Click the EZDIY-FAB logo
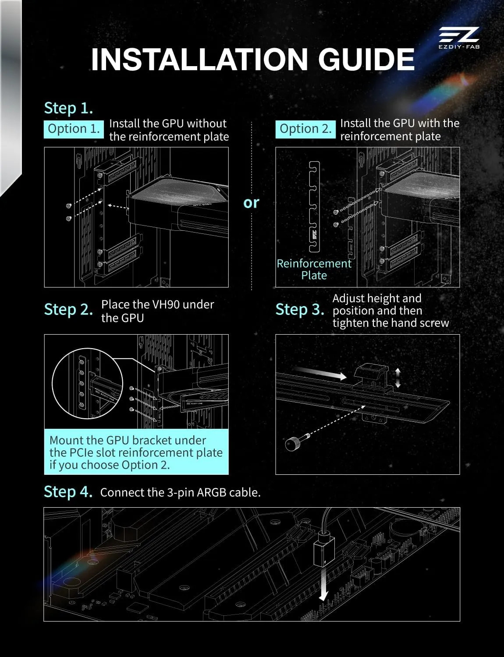point(459,38)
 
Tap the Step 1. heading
point(68,108)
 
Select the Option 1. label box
point(74,129)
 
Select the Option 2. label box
point(305,129)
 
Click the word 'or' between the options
point(251,203)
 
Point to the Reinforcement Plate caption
point(314,269)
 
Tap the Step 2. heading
point(68,310)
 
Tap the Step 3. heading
point(300,310)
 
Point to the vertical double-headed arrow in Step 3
point(398,378)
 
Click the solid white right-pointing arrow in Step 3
point(321,372)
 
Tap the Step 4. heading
point(68,491)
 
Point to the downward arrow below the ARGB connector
point(323,584)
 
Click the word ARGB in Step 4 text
point(212,492)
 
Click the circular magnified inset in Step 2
point(88,383)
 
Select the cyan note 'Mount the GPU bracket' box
point(136,452)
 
